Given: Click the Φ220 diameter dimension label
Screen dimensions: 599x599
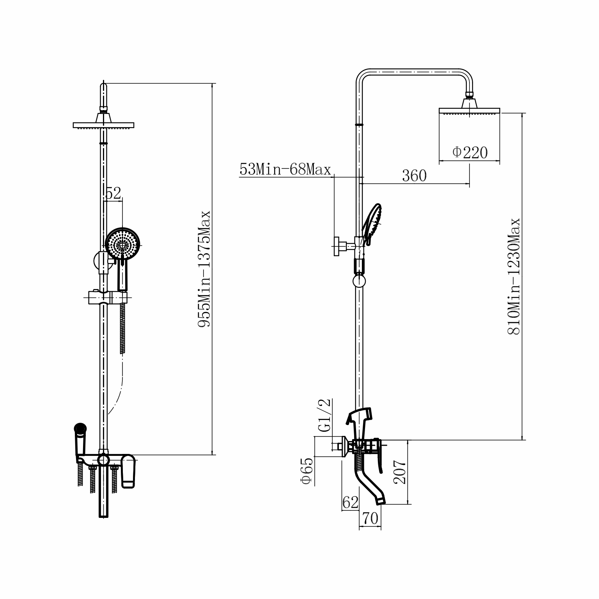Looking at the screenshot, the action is [470, 152].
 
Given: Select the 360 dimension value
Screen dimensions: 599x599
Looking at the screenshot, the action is [414, 176].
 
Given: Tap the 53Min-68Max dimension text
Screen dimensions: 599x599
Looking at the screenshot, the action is [285, 169].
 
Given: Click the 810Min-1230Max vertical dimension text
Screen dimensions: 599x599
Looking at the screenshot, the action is [514, 276].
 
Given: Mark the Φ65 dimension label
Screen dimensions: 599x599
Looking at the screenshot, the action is [307, 471].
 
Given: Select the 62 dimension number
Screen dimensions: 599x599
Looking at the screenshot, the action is [350, 503].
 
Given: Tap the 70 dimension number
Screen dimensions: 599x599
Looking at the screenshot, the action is [370, 518].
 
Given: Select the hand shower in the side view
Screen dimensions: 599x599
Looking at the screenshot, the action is [373, 225].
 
